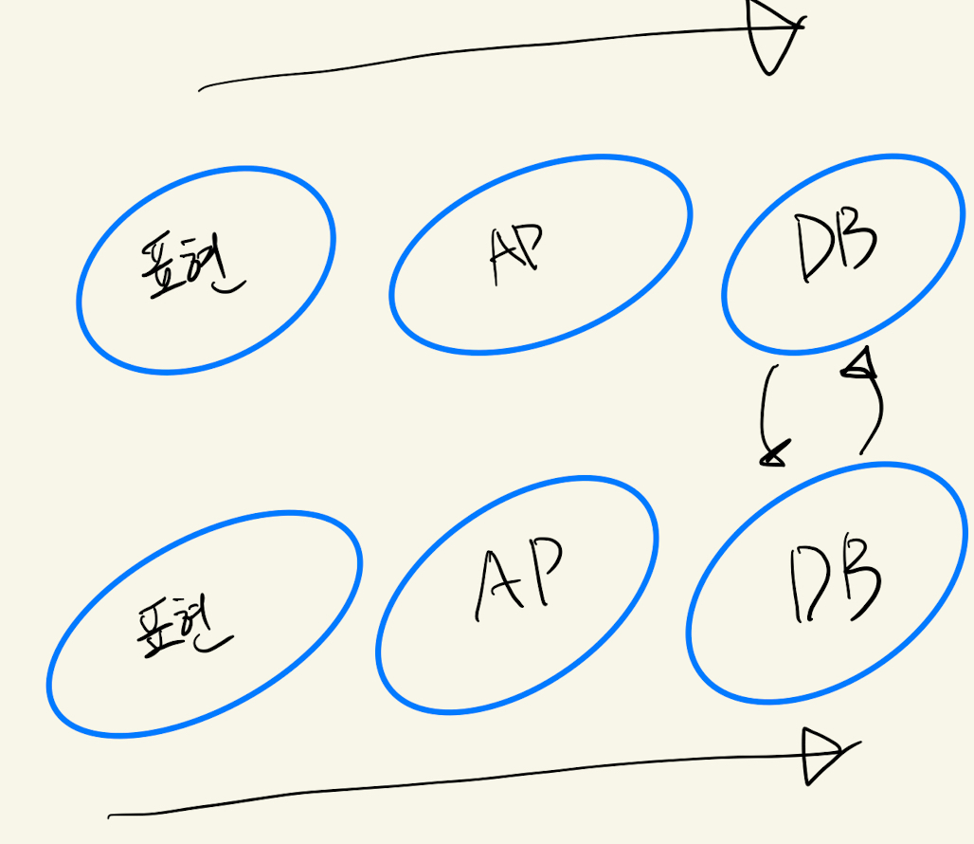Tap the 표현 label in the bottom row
click(x=181, y=627)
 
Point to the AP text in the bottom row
click(x=517, y=579)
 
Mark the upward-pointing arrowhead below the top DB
click(x=860, y=365)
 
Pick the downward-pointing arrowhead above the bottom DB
click(x=773, y=456)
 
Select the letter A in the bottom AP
click(x=496, y=587)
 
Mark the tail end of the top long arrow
click(x=201, y=90)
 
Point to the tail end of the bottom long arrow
click(x=111, y=815)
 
